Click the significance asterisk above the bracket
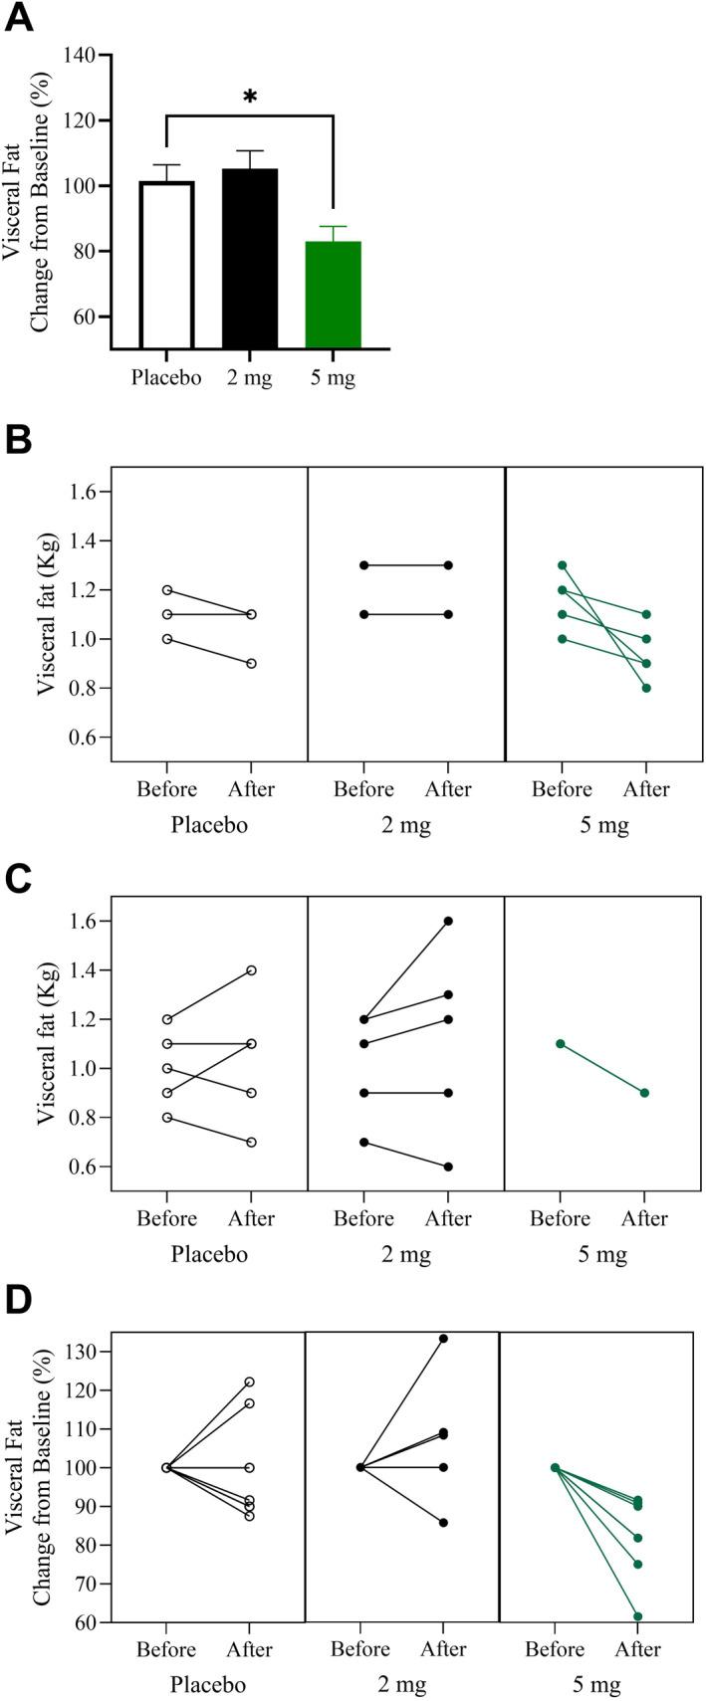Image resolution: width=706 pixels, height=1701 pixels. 250,97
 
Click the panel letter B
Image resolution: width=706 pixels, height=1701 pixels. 19,441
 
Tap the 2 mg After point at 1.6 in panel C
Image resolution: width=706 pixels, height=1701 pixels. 448,921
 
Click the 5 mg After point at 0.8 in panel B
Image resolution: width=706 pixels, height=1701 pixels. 645,688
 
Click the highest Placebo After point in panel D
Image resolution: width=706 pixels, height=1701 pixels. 249,1382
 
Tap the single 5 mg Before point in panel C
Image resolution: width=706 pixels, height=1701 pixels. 561,1043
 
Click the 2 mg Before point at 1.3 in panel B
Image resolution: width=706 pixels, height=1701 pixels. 364,565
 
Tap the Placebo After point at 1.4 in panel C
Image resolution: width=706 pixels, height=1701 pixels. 251,969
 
